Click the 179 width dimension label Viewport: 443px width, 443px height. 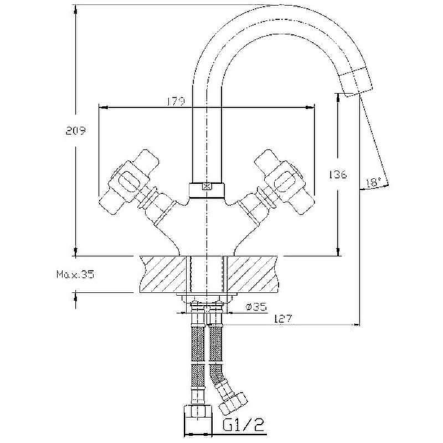pos(176,101)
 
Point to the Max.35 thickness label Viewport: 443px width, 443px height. pos(75,274)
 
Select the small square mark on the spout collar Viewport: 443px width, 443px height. pos(207,187)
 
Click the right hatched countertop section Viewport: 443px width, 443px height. pos(252,274)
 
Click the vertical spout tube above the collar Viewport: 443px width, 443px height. pos(207,138)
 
